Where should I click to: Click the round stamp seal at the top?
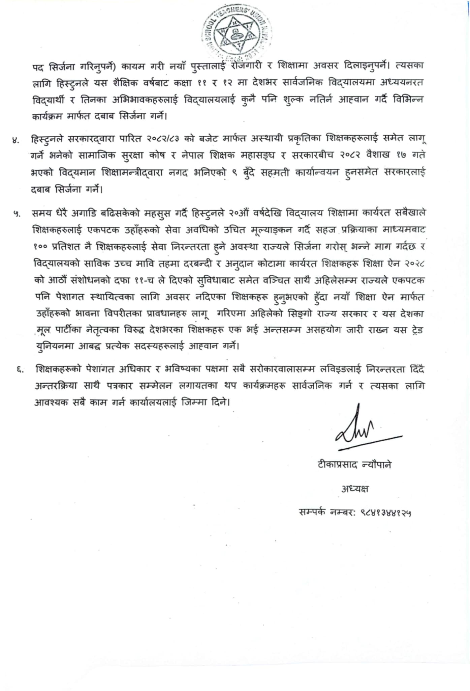pos(237,32)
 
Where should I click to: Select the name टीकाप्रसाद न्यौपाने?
pos(354,465)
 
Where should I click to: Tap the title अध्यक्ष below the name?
pos(355,489)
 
